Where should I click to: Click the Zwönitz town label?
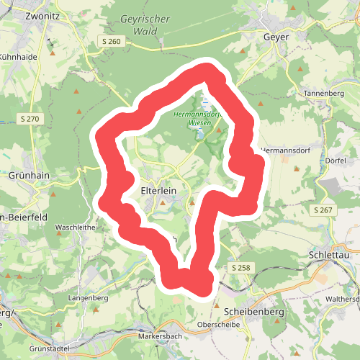pos(25,14)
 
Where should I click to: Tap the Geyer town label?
pos(276,37)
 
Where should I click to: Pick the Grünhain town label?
pos(27,174)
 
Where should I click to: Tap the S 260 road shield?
pos(112,42)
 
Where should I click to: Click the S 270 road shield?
pos(28,118)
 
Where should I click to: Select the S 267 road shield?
pos(325,210)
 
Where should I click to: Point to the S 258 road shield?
pos(242,268)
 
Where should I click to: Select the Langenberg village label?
pos(87,296)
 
